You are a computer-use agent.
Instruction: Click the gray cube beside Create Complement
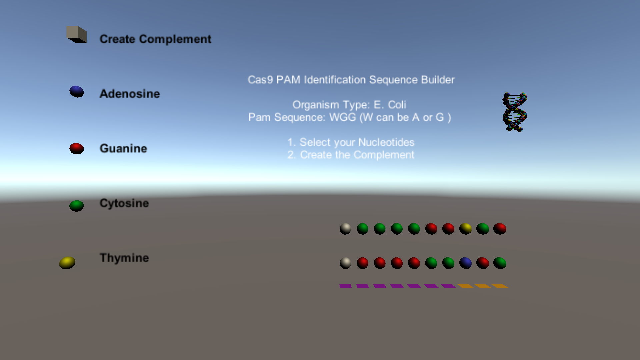click(x=77, y=34)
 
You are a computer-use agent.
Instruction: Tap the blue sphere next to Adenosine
click(x=77, y=92)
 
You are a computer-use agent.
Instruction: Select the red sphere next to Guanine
click(x=77, y=149)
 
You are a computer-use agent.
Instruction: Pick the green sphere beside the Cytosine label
click(x=77, y=206)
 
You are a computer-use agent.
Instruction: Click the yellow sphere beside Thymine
click(x=67, y=263)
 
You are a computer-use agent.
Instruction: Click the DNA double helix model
click(x=515, y=112)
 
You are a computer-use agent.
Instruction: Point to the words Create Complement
click(x=155, y=39)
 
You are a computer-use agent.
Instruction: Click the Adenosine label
click(x=130, y=94)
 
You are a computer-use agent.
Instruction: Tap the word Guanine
click(x=123, y=148)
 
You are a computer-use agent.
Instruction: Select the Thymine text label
click(x=124, y=258)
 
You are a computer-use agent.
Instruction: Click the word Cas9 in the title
click(x=260, y=80)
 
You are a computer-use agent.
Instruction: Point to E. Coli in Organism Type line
click(x=390, y=105)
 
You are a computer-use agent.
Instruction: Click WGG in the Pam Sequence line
click(x=343, y=117)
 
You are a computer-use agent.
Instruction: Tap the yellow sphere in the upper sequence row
click(x=465, y=229)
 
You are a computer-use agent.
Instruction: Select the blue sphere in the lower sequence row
click(x=465, y=263)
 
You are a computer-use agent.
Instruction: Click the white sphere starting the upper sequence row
click(x=345, y=229)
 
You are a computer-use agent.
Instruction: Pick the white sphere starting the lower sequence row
click(x=345, y=263)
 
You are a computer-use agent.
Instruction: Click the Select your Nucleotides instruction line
click(x=351, y=142)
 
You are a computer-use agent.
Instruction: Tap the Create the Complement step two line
click(x=351, y=155)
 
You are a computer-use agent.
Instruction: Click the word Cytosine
click(x=124, y=203)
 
